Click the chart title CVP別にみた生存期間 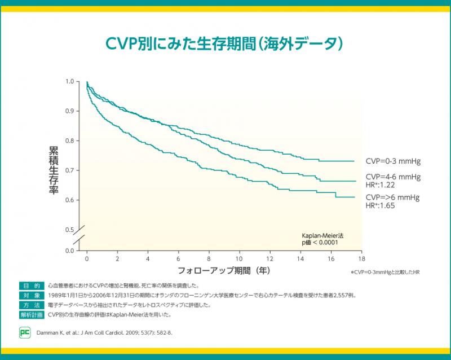[225, 43]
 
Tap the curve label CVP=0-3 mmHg [393, 161]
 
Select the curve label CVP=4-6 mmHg [393, 177]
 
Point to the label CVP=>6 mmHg [392, 197]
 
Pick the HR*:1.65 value [381, 205]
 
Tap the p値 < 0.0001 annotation [320, 242]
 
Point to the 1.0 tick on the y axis [69, 82]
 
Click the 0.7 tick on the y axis [69, 170]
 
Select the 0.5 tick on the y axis [69, 230]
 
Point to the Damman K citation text [105, 332]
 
